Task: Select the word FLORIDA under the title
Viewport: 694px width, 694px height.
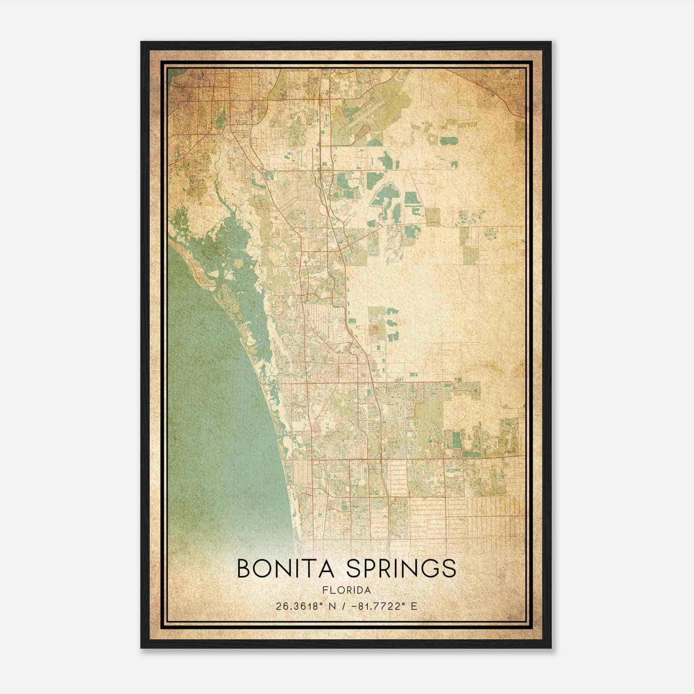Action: point(347,590)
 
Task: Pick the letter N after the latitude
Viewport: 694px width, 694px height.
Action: point(333,606)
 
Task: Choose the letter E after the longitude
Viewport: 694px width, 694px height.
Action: point(414,606)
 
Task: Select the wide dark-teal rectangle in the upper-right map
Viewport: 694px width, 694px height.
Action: point(448,141)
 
